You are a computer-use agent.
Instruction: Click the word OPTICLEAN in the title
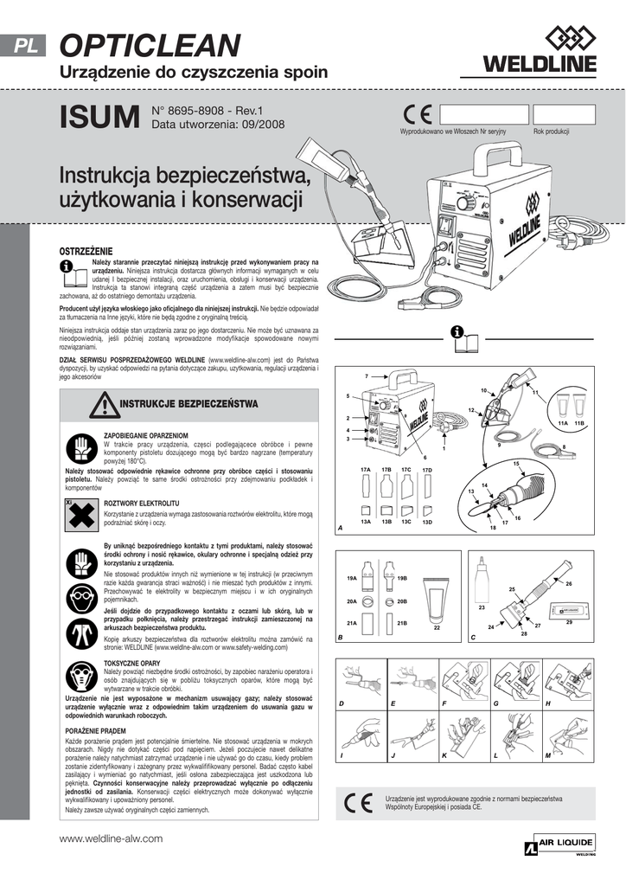click(150, 45)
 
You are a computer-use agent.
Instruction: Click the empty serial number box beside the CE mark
click(483, 115)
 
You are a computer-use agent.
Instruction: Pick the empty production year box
click(564, 115)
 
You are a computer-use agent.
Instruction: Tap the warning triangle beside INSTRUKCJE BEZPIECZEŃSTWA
click(105, 404)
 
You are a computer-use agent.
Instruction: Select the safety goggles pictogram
click(79, 595)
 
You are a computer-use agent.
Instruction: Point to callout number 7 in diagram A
click(367, 376)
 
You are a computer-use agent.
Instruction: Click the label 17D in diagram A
click(426, 470)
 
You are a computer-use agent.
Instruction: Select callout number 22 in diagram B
click(437, 627)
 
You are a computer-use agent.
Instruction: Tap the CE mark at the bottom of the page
click(358, 802)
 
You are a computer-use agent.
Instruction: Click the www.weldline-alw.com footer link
click(111, 838)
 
